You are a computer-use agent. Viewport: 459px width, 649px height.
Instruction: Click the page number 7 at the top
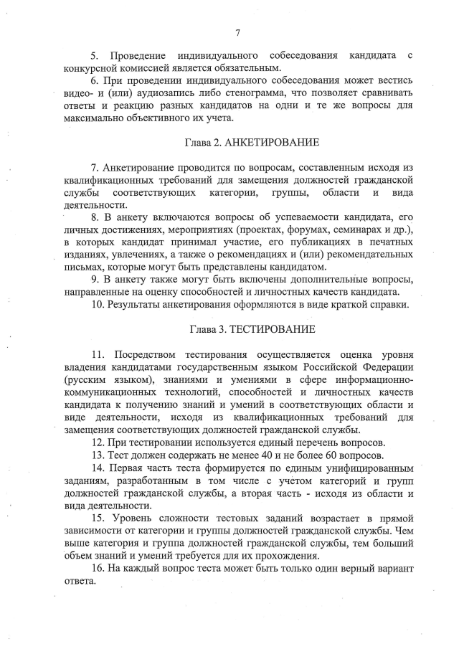(237, 31)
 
